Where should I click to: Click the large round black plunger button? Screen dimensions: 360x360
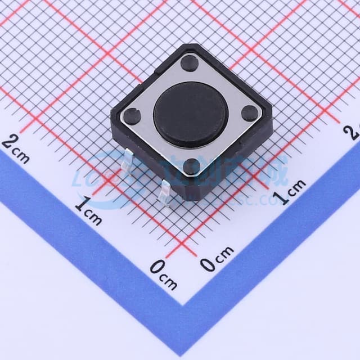coord(190,114)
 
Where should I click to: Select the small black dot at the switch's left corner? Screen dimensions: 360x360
coord(132,116)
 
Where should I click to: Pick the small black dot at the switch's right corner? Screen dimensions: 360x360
coord(250,114)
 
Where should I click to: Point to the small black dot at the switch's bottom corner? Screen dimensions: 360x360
coord(192,166)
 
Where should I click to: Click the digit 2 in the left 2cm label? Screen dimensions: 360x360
coord(9,141)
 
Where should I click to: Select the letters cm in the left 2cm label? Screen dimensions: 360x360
coord(22,155)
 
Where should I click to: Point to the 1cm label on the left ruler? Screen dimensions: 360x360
coord(88,210)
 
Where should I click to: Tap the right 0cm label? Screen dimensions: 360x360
coord(217,258)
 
